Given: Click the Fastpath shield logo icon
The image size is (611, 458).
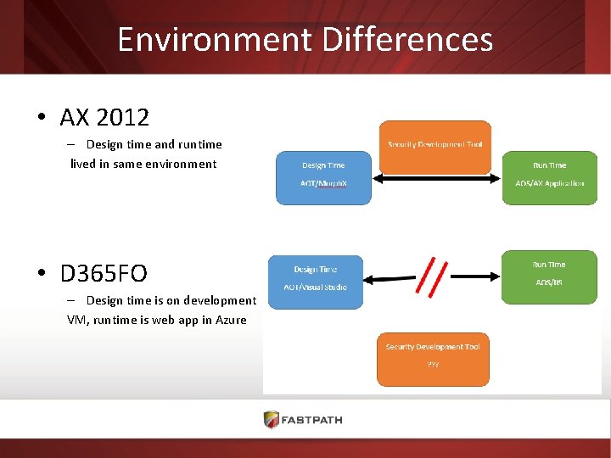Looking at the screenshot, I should point(271,419).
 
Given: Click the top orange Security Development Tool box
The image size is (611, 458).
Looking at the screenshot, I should point(435,146).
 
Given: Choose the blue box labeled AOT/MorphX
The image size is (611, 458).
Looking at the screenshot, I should point(323,177).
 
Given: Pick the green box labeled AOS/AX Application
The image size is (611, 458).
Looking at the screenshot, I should point(549,177).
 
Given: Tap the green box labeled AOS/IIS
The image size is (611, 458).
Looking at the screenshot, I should point(549,276).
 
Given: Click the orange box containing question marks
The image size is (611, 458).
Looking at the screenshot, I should point(433,359).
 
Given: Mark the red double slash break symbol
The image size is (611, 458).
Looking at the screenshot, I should point(433,276).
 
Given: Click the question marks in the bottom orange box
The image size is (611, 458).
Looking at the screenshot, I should point(433,364).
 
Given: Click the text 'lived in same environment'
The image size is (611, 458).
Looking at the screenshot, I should point(143,164).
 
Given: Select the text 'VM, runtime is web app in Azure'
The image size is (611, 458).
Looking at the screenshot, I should point(157,320).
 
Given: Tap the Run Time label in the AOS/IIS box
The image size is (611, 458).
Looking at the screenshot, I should point(549,265).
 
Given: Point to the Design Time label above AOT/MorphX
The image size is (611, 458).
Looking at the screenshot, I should point(323,165).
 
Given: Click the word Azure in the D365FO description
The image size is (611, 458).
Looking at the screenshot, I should point(231,320).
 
